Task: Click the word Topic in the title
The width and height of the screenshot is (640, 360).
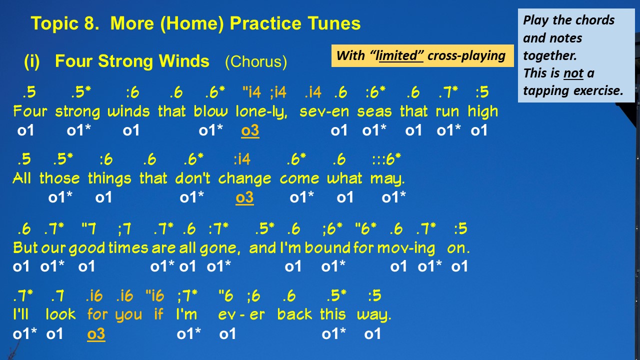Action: coord(54,23)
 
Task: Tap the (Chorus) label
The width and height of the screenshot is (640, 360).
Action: coord(256,61)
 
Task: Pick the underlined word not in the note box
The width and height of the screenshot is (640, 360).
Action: coord(573,73)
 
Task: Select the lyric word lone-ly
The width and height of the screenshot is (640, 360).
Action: coord(261,112)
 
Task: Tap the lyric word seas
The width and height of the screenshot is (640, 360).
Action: coord(374,112)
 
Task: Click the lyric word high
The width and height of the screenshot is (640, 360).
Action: coord(483,112)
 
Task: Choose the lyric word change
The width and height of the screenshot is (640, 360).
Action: coord(244,179)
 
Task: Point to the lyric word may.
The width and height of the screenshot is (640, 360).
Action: coord(387,179)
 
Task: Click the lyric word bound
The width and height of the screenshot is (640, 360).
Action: coord(327,248)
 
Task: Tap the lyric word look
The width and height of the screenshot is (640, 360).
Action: coord(60,314)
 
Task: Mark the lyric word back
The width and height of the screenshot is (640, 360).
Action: coord(294,314)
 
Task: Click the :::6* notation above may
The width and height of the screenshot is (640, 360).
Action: coord(386,159)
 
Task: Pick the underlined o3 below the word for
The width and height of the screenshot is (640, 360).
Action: coord(96,334)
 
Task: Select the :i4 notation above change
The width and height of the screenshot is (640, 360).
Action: coord(242,159)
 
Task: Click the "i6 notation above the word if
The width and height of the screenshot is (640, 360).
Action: coord(155,295)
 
